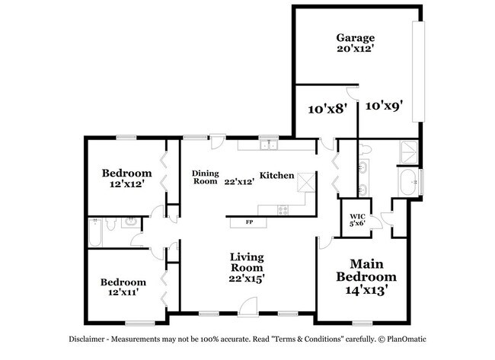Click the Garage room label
click(356, 37)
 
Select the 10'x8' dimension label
click(327, 108)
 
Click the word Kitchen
click(276, 176)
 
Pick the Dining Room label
click(205, 177)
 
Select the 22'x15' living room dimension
click(247, 279)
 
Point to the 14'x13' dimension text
click(367, 290)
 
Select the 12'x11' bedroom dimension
click(123, 292)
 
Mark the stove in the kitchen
click(283, 209)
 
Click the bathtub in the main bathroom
click(407, 183)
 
